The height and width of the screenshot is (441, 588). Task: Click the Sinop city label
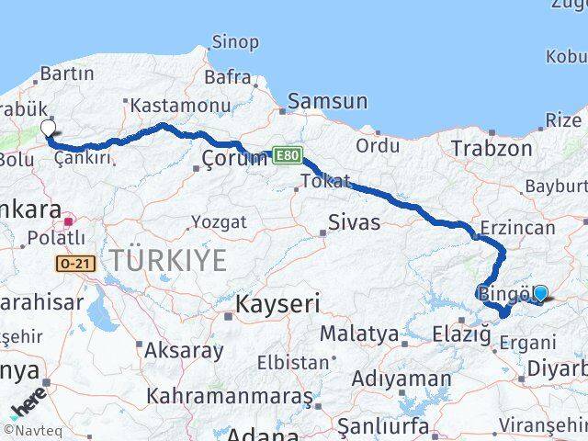pyautogui.click(x=235, y=40)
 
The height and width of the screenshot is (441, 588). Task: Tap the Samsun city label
pyautogui.click(x=327, y=101)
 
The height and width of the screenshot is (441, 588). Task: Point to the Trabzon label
pyautogui.click(x=491, y=148)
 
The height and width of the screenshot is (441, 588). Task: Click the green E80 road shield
pyautogui.click(x=286, y=157)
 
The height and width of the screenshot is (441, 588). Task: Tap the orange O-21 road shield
pyautogui.click(x=74, y=264)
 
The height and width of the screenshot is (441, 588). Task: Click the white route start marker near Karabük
pyautogui.click(x=48, y=129)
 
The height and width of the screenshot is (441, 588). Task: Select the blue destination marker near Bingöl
pyautogui.click(x=540, y=293)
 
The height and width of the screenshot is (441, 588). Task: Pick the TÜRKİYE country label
pyautogui.click(x=168, y=260)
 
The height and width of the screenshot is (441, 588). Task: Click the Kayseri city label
pyautogui.click(x=277, y=304)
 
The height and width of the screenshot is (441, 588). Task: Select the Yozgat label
pyautogui.click(x=219, y=221)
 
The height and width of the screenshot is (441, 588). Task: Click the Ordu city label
pyautogui.click(x=378, y=145)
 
